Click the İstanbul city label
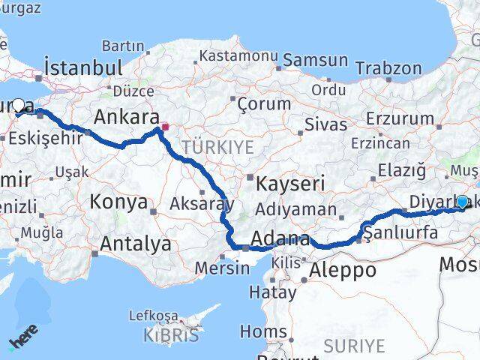(83, 67)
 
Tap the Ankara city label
(126, 118)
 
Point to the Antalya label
(135, 244)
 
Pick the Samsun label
(315, 61)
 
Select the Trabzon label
(388, 68)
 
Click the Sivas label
(326, 124)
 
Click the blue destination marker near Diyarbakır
(462, 202)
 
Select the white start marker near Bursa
(19, 106)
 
